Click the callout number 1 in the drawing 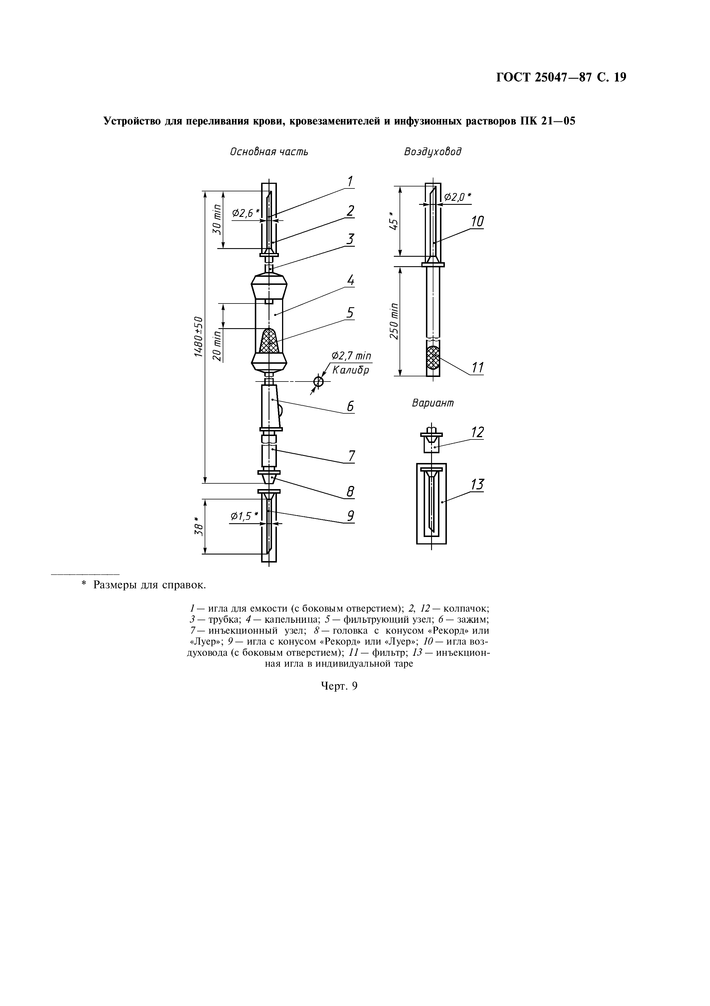350,181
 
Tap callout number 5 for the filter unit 350,313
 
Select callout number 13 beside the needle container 477,484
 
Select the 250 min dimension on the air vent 394,320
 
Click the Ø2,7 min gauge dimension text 351,356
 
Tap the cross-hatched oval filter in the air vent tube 433,359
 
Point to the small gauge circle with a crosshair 319,382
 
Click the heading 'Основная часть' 269,151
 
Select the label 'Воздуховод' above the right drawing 433,151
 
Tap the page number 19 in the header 620,77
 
